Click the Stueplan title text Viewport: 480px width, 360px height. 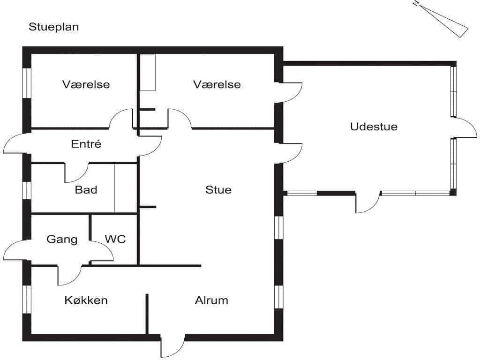pyautogui.click(x=54, y=27)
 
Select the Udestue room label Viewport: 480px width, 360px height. pyautogui.click(x=374, y=127)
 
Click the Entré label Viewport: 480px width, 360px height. pyautogui.click(x=86, y=143)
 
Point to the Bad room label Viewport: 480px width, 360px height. pyautogui.click(x=86, y=189)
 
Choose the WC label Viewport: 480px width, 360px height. pyautogui.click(x=115, y=239)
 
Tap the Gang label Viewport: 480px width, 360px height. pyautogui.click(x=62, y=239)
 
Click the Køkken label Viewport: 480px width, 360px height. pyautogui.click(x=86, y=300)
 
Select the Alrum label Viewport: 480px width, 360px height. pyautogui.click(x=211, y=300)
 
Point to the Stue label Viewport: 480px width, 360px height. pyautogui.click(x=218, y=189)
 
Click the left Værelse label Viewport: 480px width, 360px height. pyautogui.click(x=86, y=84)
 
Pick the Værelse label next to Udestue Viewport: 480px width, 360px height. pyautogui.click(x=217, y=84)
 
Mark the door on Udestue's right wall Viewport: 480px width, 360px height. pyautogui.click(x=464, y=127)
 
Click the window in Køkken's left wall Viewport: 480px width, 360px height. pyautogui.click(x=27, y=300)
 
